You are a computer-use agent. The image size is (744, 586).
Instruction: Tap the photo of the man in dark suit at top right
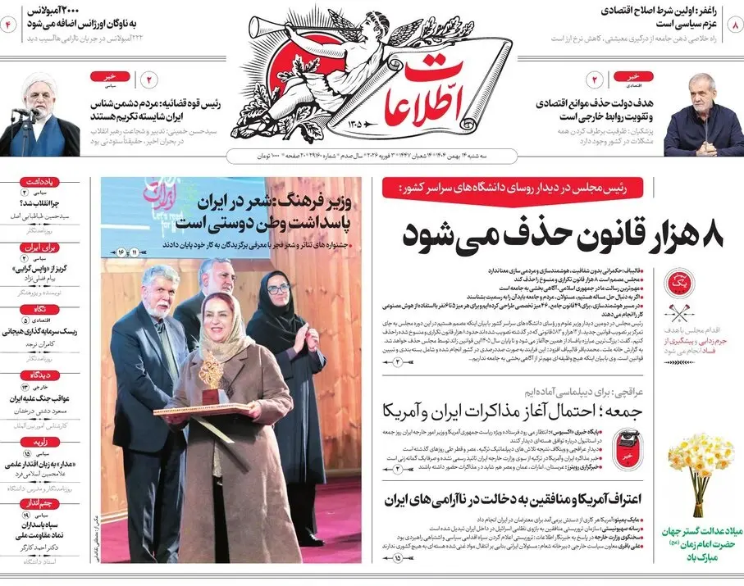pyautogui.click(x=703, y=119)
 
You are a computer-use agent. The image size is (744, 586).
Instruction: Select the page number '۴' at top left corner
pyautogui.click(x=11, y=25)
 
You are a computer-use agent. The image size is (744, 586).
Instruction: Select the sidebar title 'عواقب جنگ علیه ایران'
pyautogui.click(x=39, y=398)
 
